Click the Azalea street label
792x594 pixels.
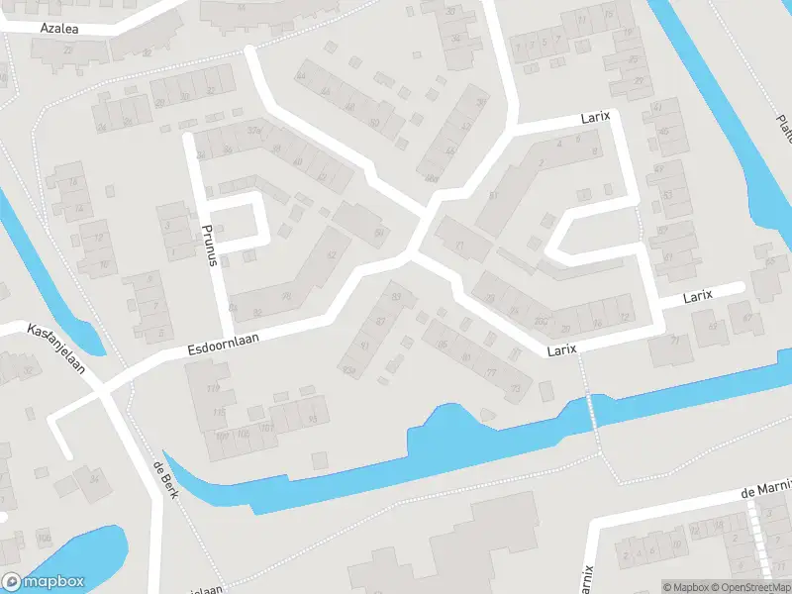coord(58,30)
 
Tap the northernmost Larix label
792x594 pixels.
coord(596,117)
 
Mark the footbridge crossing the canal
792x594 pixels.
coord(593,409)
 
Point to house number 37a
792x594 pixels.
coord(253,131)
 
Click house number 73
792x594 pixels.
coord(516,389)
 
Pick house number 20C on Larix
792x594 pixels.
coord(541,319)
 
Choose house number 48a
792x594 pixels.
coord(430,178)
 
